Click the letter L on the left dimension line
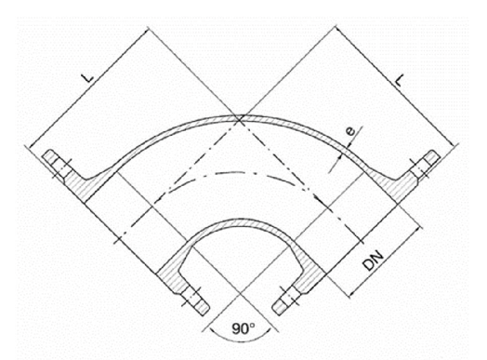(x=89, y=77)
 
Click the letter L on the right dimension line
(x=400, y=81)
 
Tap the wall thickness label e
(x=350, y=131)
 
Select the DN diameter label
(x=374, y=260)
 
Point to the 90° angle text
(x=243, y=328)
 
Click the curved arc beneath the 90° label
(x=241, y=340)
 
